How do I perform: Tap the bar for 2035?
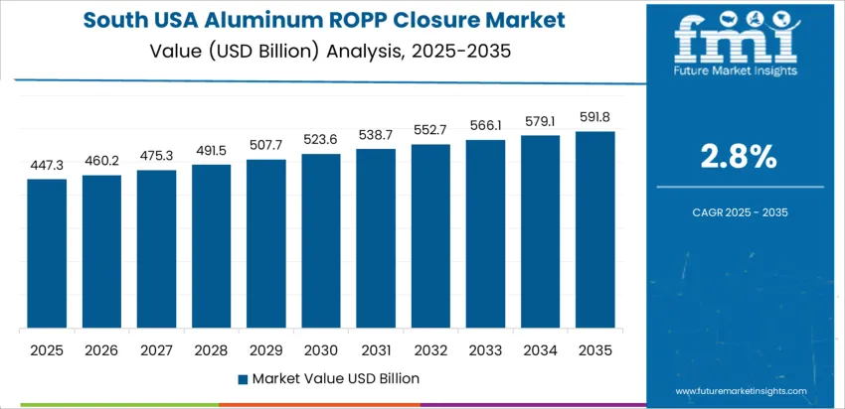point(594,229)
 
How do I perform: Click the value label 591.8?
point(594,118)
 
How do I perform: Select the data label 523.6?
point(321,140)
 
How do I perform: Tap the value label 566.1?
point(485,126)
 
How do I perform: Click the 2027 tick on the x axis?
point(156,349)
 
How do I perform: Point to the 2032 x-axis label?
point(430,349)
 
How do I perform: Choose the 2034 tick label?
point(540,349)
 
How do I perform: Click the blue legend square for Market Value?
point(243,378)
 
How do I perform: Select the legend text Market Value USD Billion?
point(335,378)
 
